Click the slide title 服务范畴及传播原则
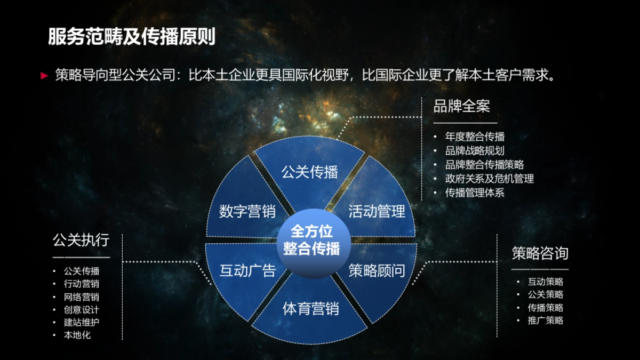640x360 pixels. click(132, 37)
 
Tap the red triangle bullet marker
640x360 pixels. click(45, 76)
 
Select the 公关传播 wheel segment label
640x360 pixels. click(310, 172)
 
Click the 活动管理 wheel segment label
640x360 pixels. click(377, 211)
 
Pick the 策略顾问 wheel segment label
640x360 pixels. click(377, 270)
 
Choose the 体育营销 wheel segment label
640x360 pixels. click(310, 308)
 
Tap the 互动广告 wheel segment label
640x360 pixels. click(247, 270)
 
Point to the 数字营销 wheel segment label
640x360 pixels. click(247, 211)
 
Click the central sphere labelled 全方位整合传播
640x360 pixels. click(311, 240)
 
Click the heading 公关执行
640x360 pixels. click(81, 240)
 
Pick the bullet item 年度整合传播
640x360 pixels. click(475, 137)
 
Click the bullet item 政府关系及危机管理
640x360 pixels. click(489, 179)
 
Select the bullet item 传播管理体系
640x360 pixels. click(475, 193)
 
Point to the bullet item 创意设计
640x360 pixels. click(82, 309)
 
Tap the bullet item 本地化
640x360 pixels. click(77, 335)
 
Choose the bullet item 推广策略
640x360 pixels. click(546, 321)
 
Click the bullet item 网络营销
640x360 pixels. click(82, 297)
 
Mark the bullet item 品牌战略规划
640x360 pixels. click(475, 151)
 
